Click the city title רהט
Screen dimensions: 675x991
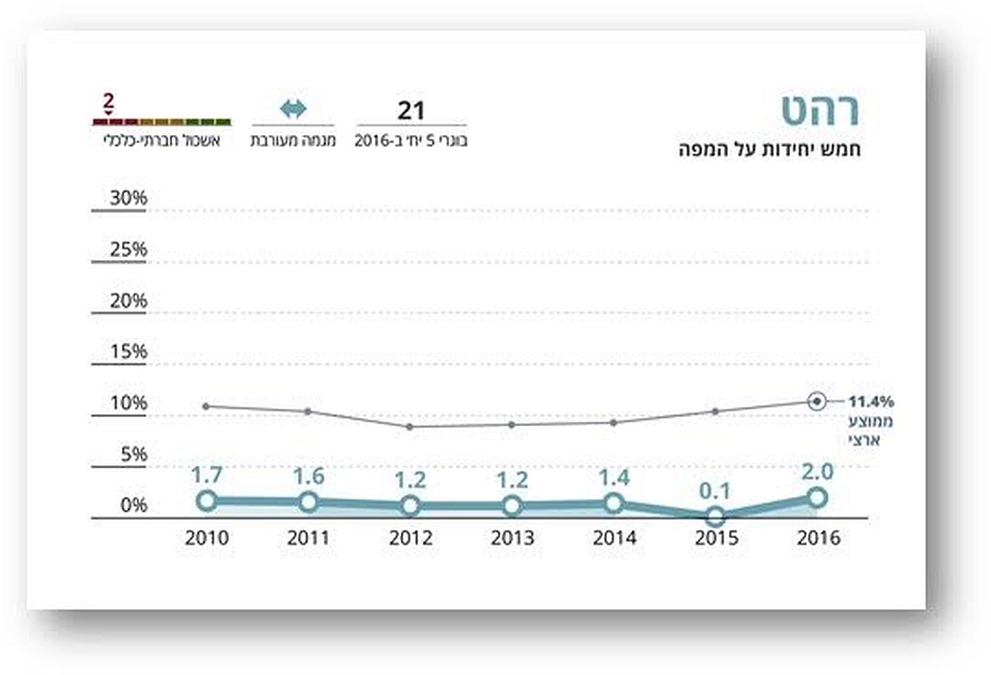tap(821, 111)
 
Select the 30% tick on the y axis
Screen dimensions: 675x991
tap(128, 199)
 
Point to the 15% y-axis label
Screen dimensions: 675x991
tap(128, 353)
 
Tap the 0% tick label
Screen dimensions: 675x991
tap(133, 506)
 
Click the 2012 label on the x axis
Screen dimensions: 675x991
tap(410, 538)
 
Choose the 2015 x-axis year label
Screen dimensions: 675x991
tap(715, 538)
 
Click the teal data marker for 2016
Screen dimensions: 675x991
tap(817, 498)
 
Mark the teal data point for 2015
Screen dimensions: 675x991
tap(715, 517)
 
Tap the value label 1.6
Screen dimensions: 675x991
tap(308, 476)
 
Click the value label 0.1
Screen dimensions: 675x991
tap(714, 491)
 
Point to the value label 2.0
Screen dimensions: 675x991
tap(817, 472)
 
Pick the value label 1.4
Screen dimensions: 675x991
tap(614, 478)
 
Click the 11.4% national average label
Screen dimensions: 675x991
tap(871, 401)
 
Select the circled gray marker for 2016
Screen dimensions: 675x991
tap(816, 401)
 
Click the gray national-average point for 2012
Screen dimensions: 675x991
tap(410, 426)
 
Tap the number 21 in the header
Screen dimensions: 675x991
tap(411, 111)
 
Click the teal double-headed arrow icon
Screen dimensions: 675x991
tap(293, 109)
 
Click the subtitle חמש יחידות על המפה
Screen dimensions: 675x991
tap(770, 149)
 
